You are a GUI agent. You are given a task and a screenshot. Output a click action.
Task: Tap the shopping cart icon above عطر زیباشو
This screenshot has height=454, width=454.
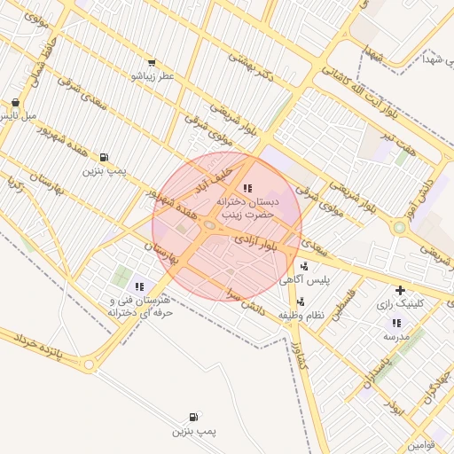coord(152,63)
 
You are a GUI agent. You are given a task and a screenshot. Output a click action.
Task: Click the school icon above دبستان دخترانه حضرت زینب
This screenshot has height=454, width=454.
coord(247,189)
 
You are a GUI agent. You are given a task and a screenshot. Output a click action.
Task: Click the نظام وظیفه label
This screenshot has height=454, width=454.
coord(301,315)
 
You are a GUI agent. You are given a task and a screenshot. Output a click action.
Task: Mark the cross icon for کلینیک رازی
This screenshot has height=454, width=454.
coord(401,290)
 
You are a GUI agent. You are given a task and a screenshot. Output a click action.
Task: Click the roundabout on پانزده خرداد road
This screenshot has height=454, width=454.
coord(88,364)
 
